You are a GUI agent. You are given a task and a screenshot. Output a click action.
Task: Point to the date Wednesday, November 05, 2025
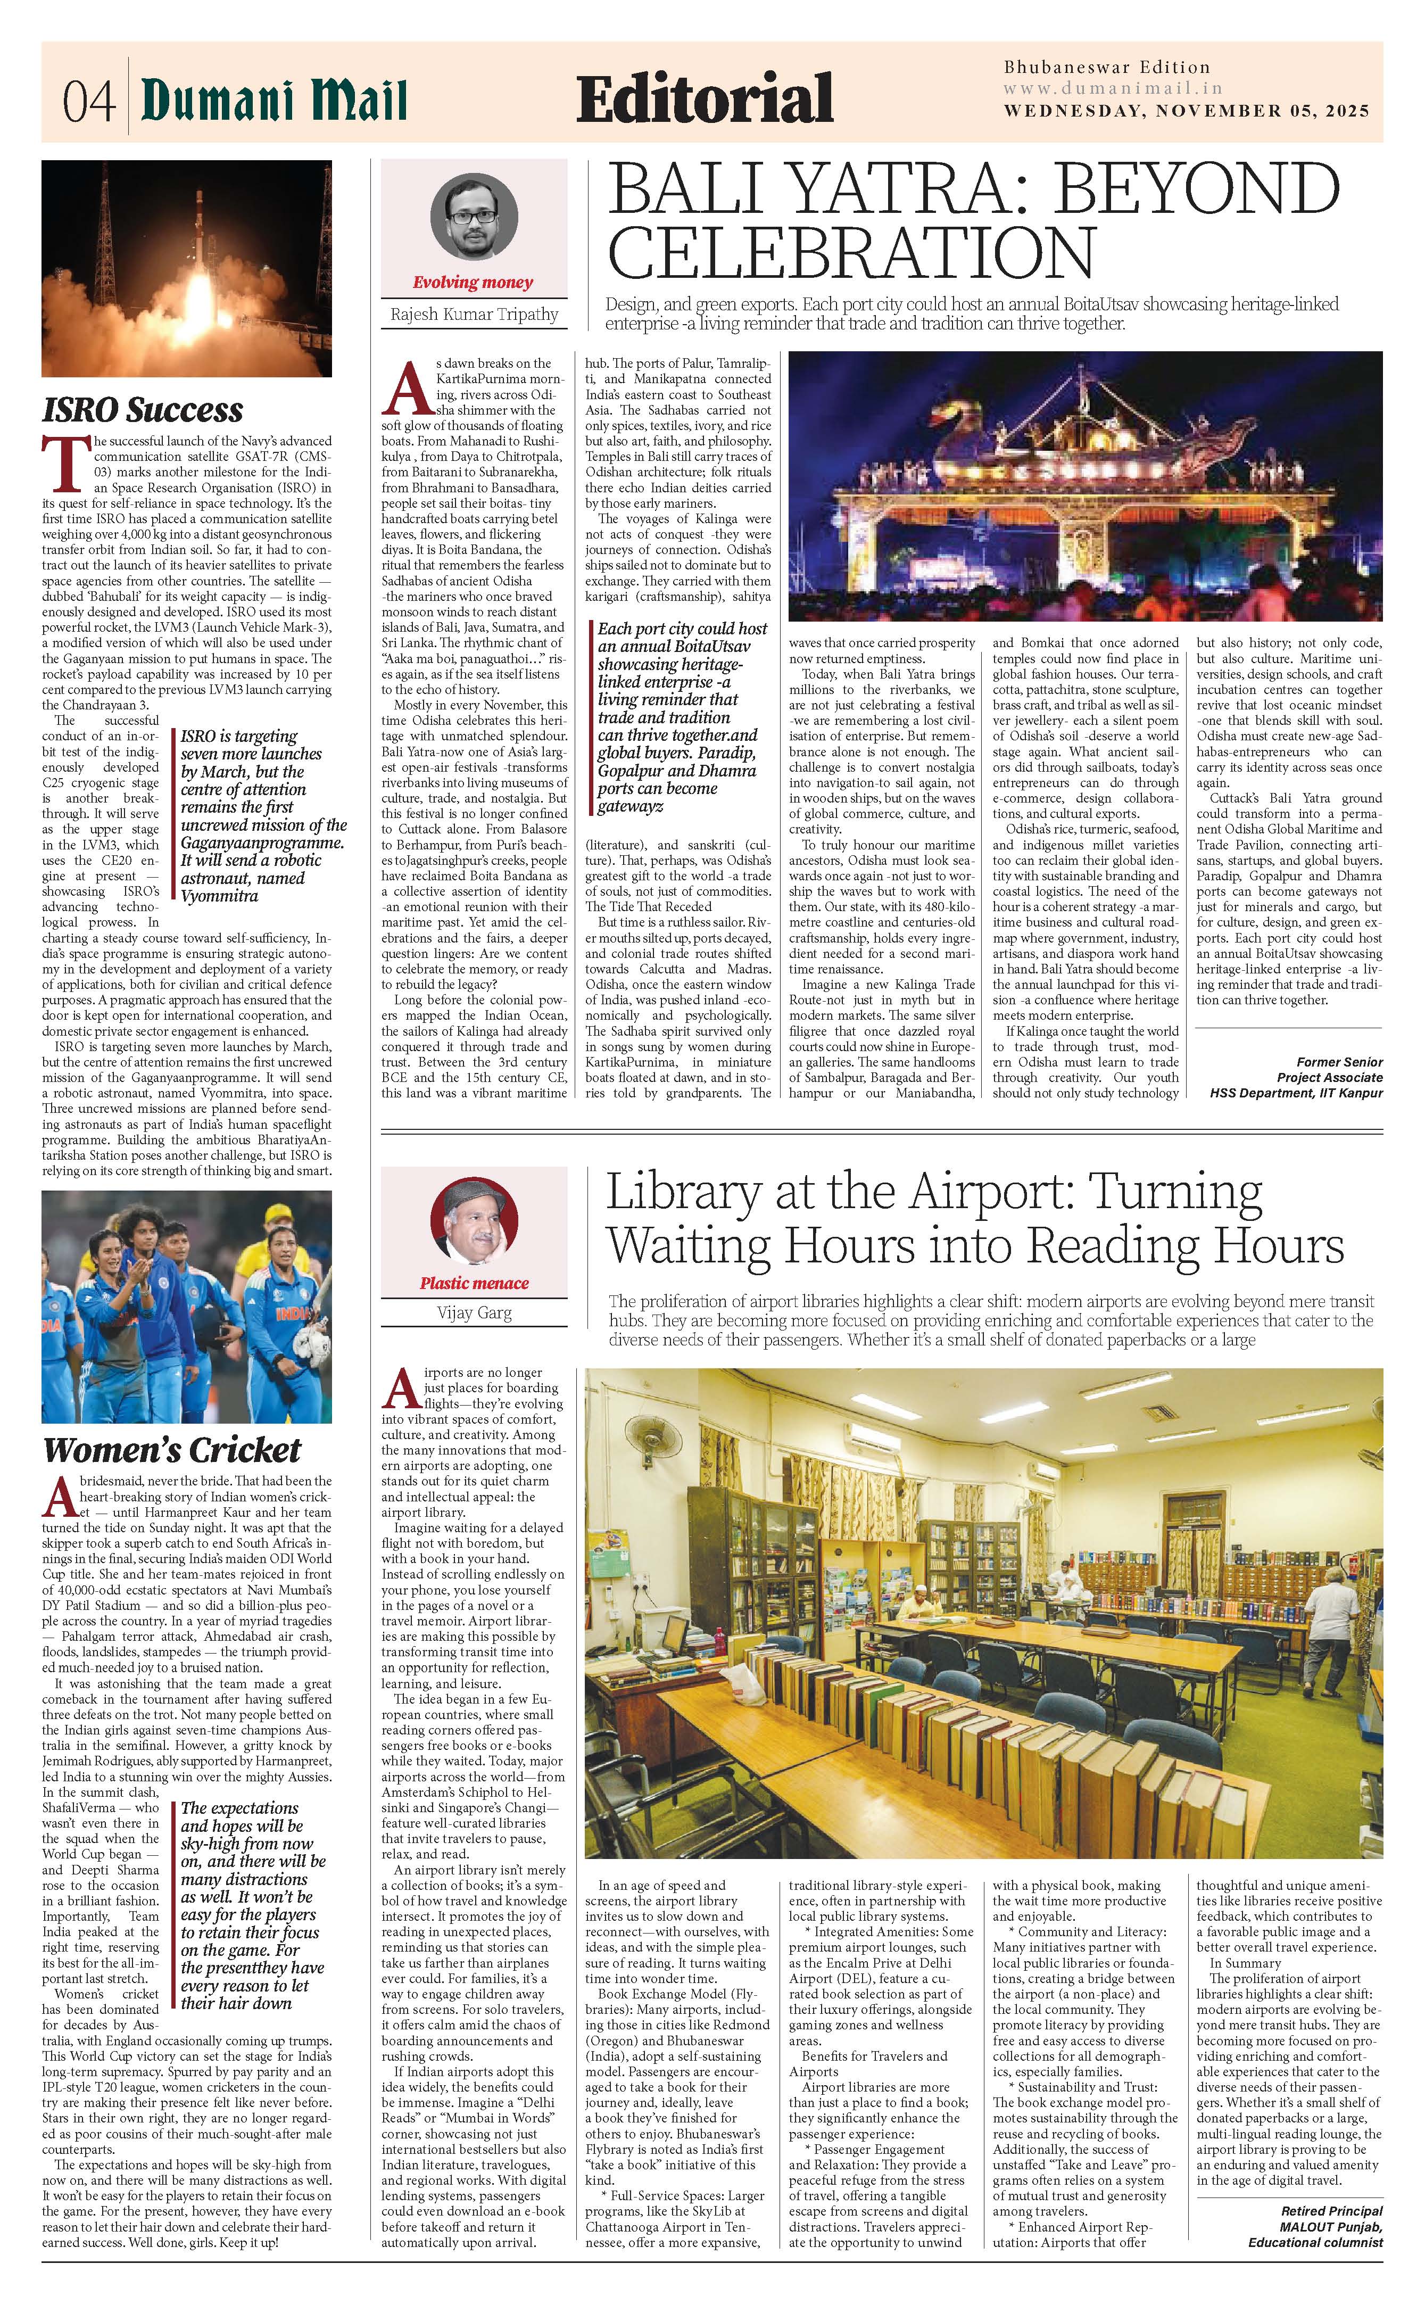pyautogui.click(x=1186, y=110)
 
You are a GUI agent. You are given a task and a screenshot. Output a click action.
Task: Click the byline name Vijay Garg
pyautogui.click(x=474, y=1313)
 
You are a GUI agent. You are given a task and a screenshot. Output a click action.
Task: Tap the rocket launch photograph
pyautogui.click(x=187, y=269)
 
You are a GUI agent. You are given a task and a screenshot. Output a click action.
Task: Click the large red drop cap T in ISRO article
pyautogui.click(x=59, y=465)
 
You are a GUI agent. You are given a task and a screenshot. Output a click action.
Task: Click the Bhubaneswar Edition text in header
pyautogui.click(x=1106, y=68)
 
